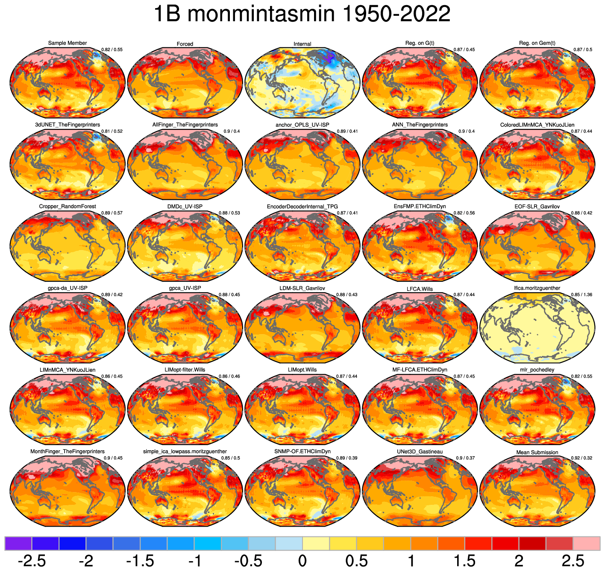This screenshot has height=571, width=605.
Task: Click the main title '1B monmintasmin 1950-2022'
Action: coord(302,15)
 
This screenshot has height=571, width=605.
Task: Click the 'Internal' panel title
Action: coord(302,44)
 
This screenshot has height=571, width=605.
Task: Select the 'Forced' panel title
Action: coord(185,44)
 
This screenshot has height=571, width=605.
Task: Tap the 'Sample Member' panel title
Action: coord(68,43)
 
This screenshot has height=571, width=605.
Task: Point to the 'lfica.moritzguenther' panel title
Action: coord(537,288)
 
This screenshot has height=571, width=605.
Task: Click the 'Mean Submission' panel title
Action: coord(537,452)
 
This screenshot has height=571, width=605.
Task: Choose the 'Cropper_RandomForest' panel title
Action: coord(68,207)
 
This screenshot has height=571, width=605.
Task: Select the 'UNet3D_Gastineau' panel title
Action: coord(420,452)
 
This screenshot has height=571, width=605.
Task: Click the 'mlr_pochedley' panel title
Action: coord(537,370)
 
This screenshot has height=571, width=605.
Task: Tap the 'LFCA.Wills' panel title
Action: coord(420,289)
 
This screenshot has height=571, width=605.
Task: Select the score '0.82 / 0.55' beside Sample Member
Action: coord(112,50)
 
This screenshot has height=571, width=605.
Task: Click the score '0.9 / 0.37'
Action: coord(465,458)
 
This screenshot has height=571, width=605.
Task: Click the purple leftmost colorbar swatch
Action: coord(18,543)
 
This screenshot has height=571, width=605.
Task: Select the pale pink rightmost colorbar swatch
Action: coord(586,543)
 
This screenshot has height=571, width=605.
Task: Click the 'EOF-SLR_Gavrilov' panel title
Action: coord(537,207)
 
